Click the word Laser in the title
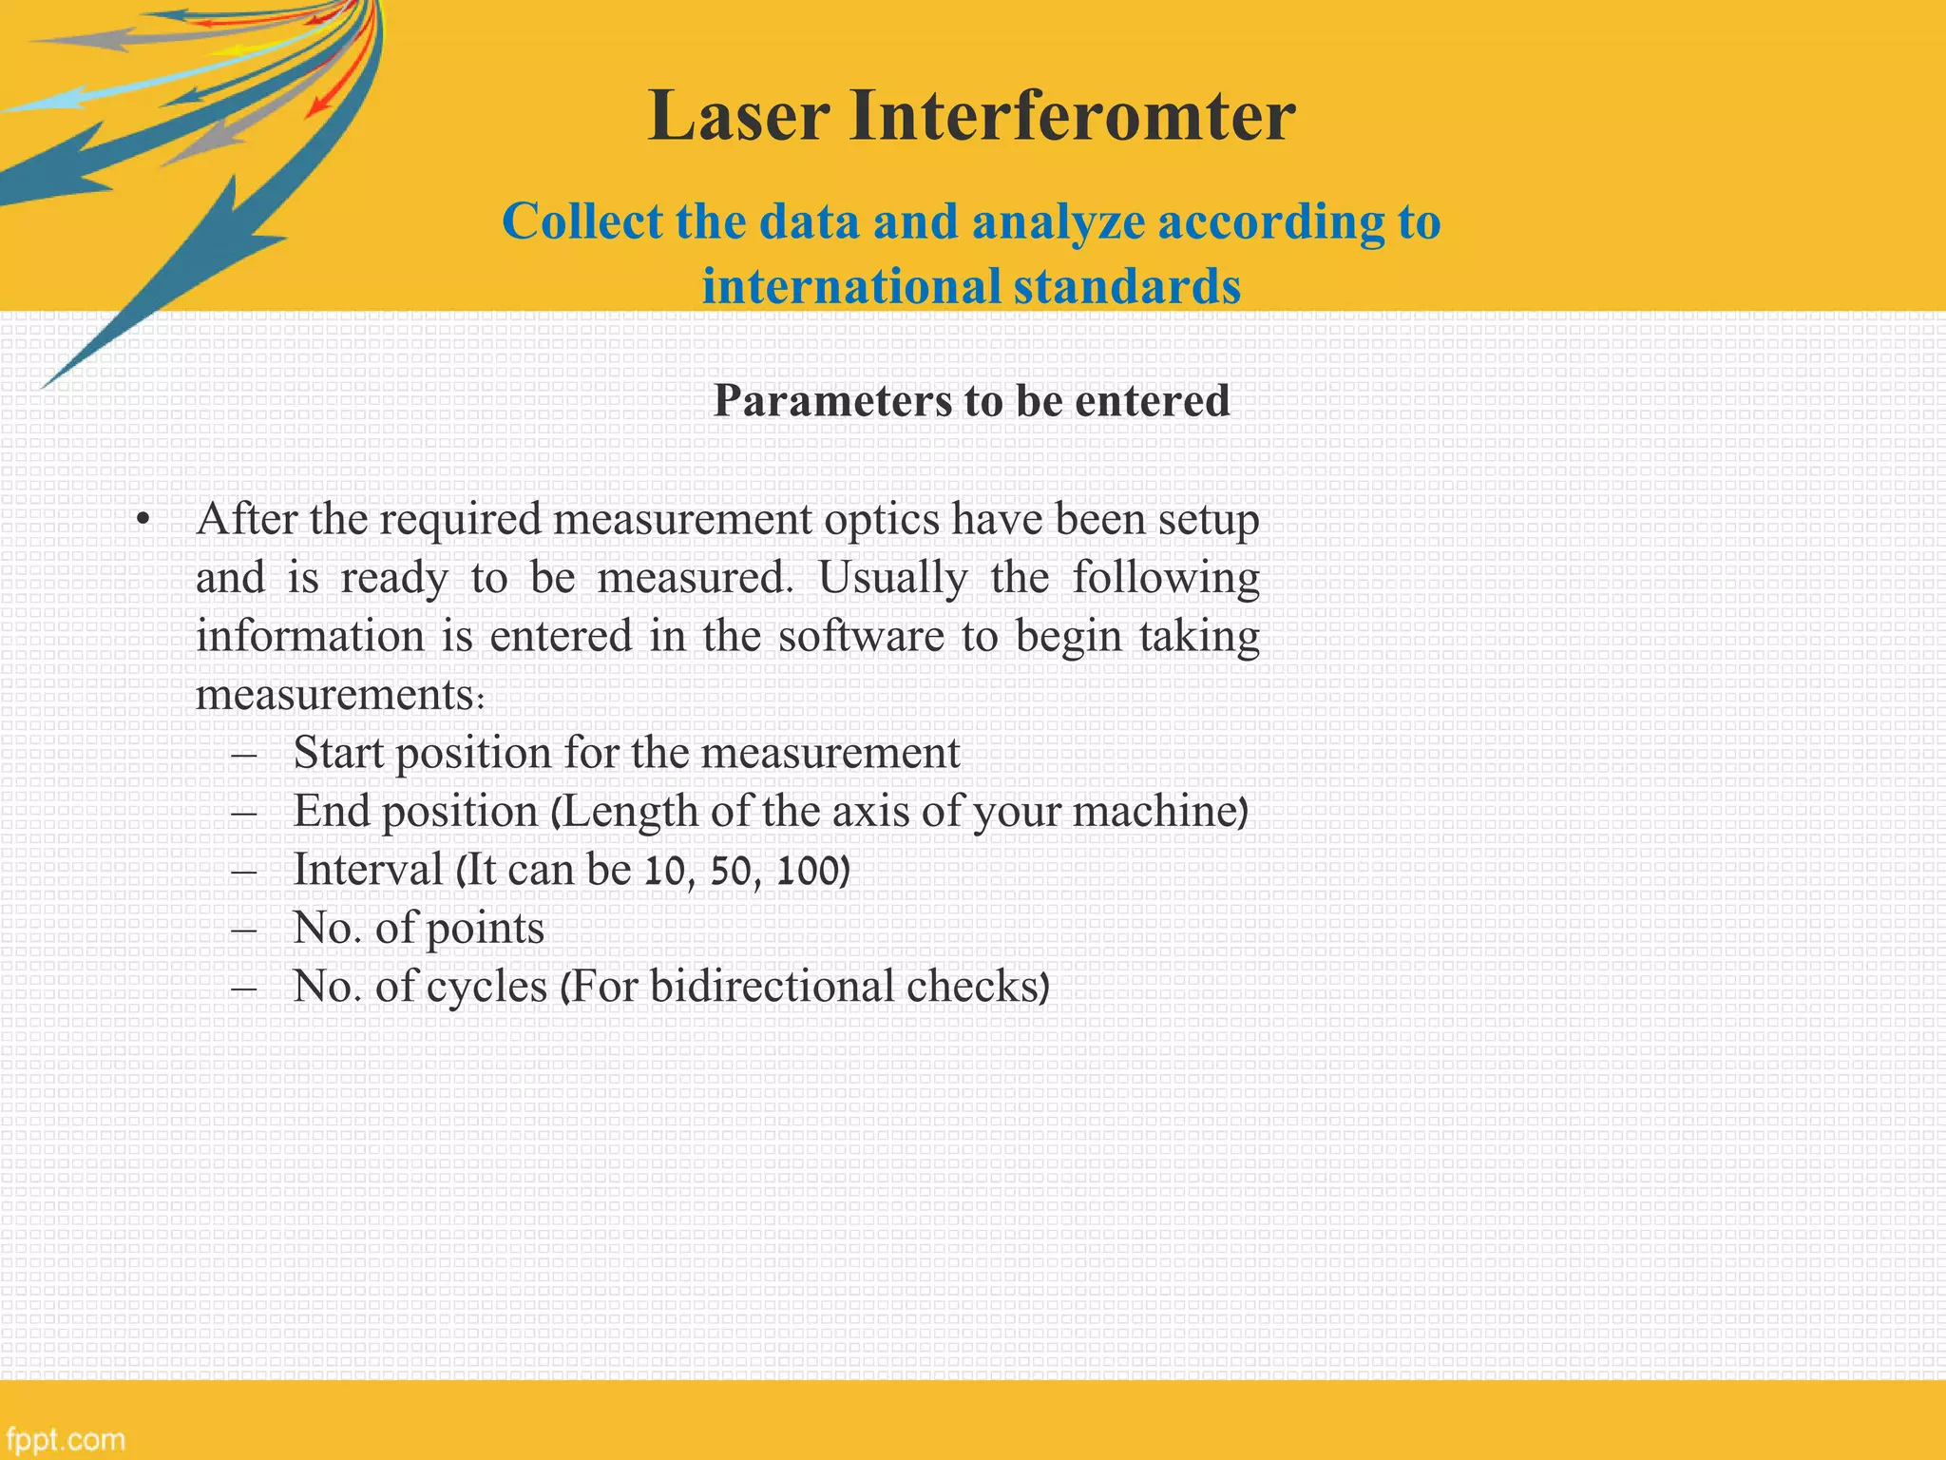[x=739, y=116]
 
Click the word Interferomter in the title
[x=1072, y=116]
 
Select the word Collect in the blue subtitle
[x=582, y=221]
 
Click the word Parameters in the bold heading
[x=832, y=400]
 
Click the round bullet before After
[x=143, y=521]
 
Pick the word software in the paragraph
[x=861, y=636]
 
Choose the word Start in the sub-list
[x=338, y=753]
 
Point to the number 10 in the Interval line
[x=663, y=871]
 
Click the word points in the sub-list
[x=485, y=929]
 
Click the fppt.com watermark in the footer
[x=65, y=1439]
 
